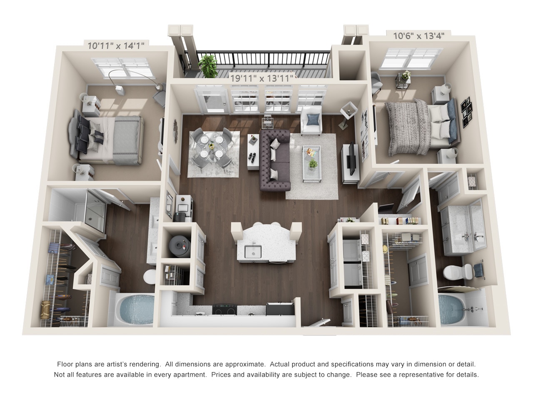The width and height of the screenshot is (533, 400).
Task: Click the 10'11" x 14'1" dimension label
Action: point(116,45)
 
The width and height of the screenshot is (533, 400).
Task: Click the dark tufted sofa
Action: point(275,158)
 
